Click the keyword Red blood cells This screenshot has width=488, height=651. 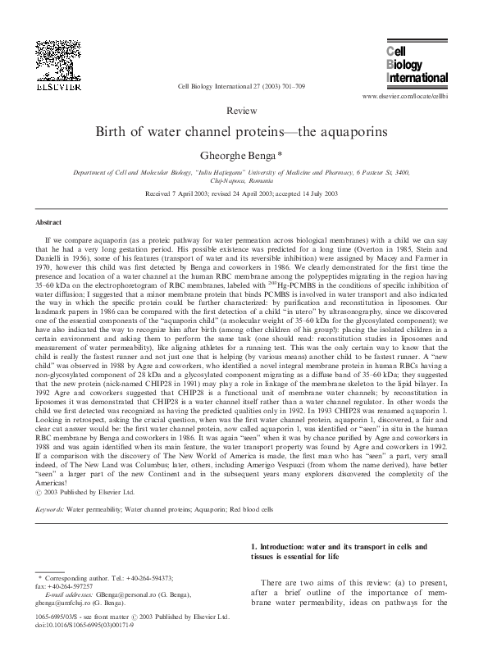[278, 509]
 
